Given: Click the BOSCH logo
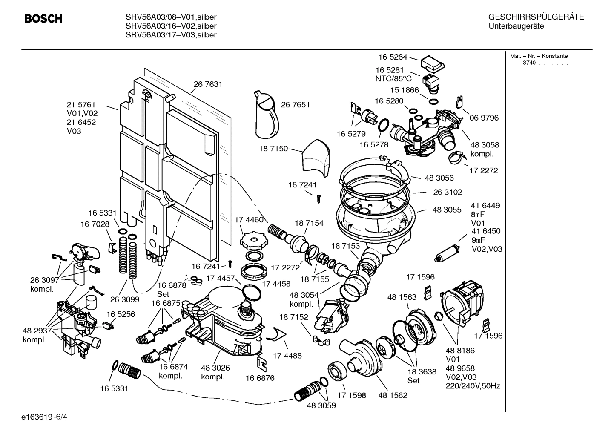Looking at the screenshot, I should (43, 19).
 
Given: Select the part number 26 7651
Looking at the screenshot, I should (295, 105).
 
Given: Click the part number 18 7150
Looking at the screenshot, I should (273, 149).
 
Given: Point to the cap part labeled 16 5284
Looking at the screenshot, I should (433, 64).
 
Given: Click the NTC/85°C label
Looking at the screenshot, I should (393, 79).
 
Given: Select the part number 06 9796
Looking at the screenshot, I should (484, 118).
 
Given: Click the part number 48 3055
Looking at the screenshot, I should (447, 210).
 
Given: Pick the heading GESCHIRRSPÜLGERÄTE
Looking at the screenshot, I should (536, 17).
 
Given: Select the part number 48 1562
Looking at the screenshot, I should (393, 395).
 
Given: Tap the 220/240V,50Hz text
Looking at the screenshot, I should (473, 386).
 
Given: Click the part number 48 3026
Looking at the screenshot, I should (215, 368).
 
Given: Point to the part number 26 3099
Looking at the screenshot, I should (125, 299).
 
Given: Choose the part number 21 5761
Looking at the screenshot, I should (81, 105).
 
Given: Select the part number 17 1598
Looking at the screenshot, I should (351, 395).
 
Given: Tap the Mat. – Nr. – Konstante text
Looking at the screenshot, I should (539, 56).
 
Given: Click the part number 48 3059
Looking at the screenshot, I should (321, 406).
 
